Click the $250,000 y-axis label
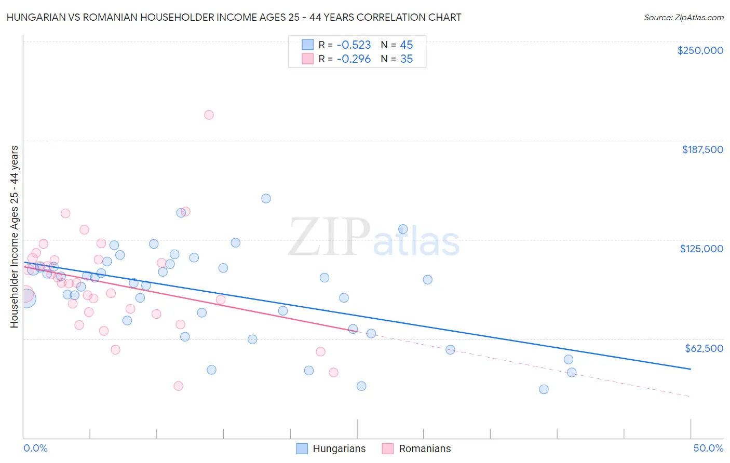pyautogui.click(x=700, y=50)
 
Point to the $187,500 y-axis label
pyautogui.click(x=702, y=149)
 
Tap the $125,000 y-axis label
pyautogui.click(x=701, y=249)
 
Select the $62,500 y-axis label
pyautogui.click(x=704, y=348)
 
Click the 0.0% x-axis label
pyautogui.click(x=35, y=448)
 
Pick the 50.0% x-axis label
pyautogui.click(x=708, y=448)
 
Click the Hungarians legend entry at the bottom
pyautogui.click(x=339, y=448)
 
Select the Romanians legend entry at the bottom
pyautogui.click(x=424, y=448)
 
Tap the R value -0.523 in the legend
pyautogui.click(x=354, y=45)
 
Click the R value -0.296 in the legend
pyautogui.click(x=354, y=59)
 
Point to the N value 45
pyautogui.click(x=406, y=45)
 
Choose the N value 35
pyautogui.click(x=406, y=59)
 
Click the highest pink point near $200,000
pyautogui.click(x=209, y=115)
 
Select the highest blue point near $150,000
pyautogui.click(x=266, y=198)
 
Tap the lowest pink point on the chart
pyautogui.click(x=178, y=386)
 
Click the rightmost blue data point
pyautogui.click(x=572, y=372)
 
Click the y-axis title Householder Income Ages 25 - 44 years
pyautogui.click(x=14, y=237)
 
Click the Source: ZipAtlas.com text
pyautogui.click(x=683, y=18)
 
